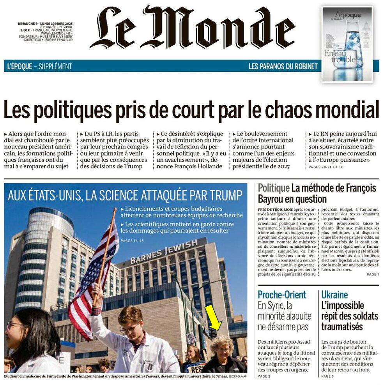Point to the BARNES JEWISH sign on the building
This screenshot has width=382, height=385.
(164, 252)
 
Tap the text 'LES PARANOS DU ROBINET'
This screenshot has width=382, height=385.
(283, 66)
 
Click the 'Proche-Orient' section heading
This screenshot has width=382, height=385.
(282, 295)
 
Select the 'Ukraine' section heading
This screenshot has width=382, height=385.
(334, 295)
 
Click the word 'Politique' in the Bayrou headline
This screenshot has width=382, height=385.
(273, 188)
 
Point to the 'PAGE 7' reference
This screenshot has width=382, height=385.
(372, 274)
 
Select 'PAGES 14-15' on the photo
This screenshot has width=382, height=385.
(132, 240)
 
